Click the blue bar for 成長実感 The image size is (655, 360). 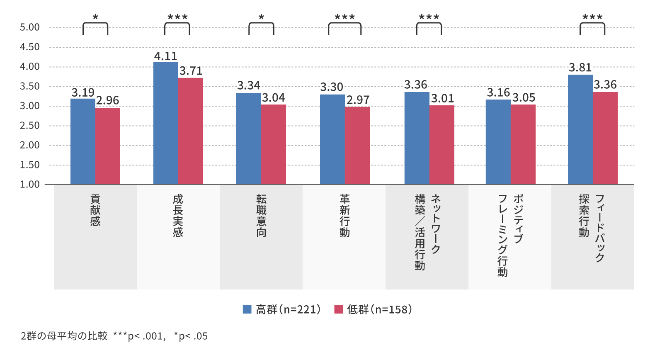(x=165, y=123)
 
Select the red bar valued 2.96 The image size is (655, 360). (x=108, y=146)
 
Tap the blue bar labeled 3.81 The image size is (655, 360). (x=580, y=129)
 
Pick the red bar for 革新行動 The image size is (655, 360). (x=357, y=146)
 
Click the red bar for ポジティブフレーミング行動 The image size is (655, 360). (x=523, y=144)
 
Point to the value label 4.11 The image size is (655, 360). (x=165, y=56)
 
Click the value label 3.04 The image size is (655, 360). (x=274, y=98)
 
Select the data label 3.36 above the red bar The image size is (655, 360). (x=605, y=85)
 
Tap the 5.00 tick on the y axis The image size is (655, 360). (x=30, y=27)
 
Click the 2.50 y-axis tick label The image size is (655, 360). (x=30, y=126)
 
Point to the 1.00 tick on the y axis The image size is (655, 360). (x=30, y=185)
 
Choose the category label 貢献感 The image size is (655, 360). (x=95, y=210)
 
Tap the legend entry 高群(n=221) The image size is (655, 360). (x=282, y=310)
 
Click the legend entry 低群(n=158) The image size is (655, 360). (x=373, y=310)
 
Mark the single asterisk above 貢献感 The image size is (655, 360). (x=95, y=17)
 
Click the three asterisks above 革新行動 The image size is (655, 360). (x=344, y=17)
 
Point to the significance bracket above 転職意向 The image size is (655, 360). (x=261, y=28)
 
